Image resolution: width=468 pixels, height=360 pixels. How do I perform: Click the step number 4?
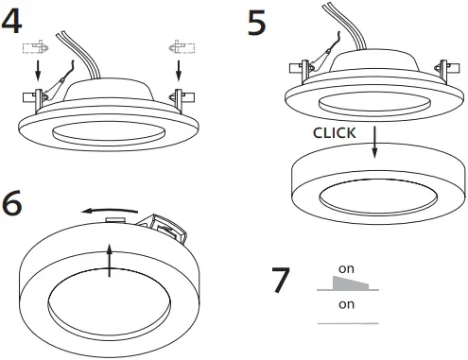point(13,22)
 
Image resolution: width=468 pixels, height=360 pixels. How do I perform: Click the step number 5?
point(256,22)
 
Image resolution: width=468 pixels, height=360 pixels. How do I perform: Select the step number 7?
point(281,281)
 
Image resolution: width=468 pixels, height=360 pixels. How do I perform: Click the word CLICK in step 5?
point(334,133)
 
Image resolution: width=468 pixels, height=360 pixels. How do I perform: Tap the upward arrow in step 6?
point(111,259)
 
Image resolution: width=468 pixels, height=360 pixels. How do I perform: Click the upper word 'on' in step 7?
point(346,269)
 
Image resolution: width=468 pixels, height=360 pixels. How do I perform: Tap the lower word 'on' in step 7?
point(346,304)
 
